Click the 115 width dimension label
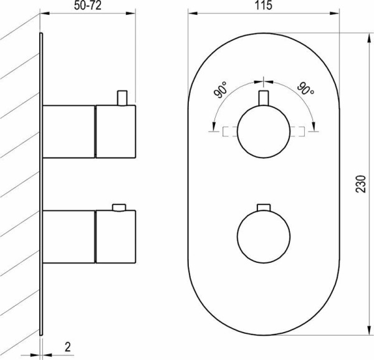(264, 6)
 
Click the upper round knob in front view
(264, 131)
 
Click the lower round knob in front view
(264, 235)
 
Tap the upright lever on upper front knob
(264, 98)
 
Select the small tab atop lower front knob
(264, 207)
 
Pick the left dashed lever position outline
(230, 131)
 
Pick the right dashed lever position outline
(297, 131)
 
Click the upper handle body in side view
(89, 131)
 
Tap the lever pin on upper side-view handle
(122, 97)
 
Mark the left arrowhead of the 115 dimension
(191, 12)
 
